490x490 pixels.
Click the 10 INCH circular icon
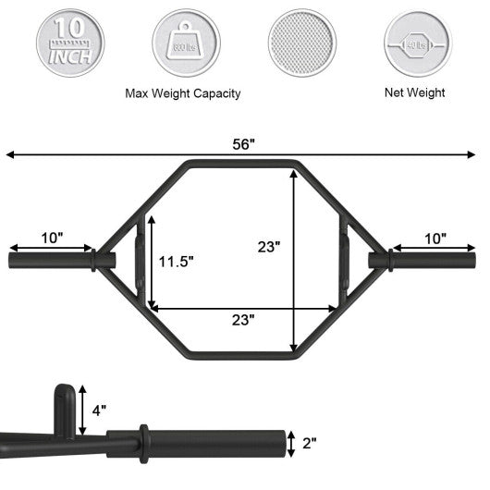point(69,42)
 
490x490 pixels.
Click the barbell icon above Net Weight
point(415,42)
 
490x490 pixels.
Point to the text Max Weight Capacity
point(182,93)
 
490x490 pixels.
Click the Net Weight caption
point(415,92)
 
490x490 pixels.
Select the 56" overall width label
point(244,144)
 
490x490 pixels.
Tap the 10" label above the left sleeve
point(53,238)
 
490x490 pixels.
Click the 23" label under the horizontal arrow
point(243,319)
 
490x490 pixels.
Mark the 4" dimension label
point(97,409)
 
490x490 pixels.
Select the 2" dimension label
point(309,442)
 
